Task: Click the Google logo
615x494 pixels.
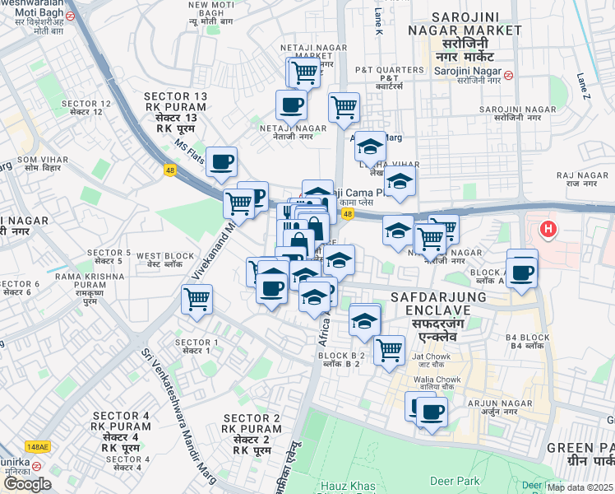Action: point(27,483)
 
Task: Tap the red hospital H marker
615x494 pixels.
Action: point(546,226)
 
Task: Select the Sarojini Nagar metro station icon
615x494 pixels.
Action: point(510,75)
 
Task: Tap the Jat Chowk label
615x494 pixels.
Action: point(430,358)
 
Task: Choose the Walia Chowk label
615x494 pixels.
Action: point(436,382)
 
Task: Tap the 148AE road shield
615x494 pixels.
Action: point(38,446)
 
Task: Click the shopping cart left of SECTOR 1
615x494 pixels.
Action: point(197,300)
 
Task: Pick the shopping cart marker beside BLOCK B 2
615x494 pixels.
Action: point(389,349)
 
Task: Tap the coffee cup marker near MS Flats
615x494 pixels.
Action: point(221,162)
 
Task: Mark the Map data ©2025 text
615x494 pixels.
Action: point(580,487)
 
